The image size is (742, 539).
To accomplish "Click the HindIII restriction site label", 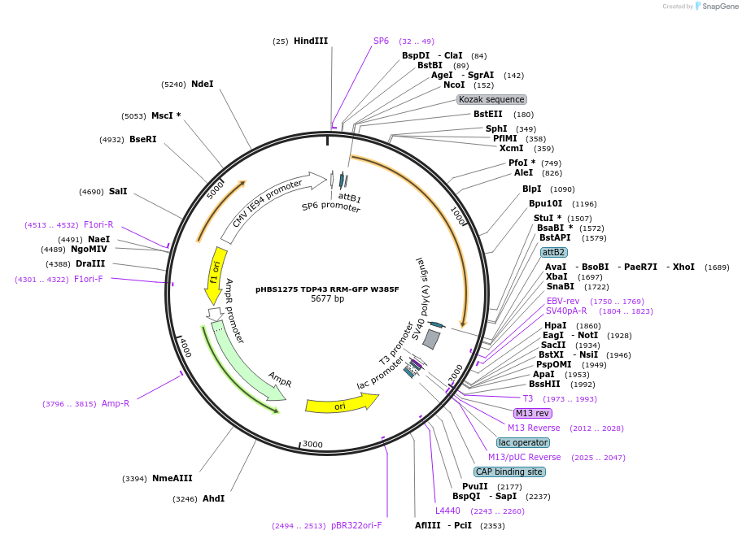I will (310, 41).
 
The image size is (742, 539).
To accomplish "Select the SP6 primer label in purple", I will (381, 41).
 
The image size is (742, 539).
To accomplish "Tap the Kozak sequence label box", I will (491, 99).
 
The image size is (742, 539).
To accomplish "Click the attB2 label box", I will (553, 252).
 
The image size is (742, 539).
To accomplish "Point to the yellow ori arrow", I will (342, 403).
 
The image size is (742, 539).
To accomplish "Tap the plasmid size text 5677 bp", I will (328, 299).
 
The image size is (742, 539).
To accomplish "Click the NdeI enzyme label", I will (202, 84).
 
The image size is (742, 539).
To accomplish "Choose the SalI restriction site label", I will (118, 192).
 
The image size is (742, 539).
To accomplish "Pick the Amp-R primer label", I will (116, 403).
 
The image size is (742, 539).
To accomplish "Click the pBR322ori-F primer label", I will (356, 525).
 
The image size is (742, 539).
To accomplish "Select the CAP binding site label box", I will (509, 472).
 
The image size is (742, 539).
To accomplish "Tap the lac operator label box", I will (523, 442).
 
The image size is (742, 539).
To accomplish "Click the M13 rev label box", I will (533, 413).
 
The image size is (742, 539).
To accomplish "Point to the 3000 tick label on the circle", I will (312, 444).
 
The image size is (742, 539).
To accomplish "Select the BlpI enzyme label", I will (532, 189).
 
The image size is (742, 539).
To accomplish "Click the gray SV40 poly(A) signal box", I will (432, 339).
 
